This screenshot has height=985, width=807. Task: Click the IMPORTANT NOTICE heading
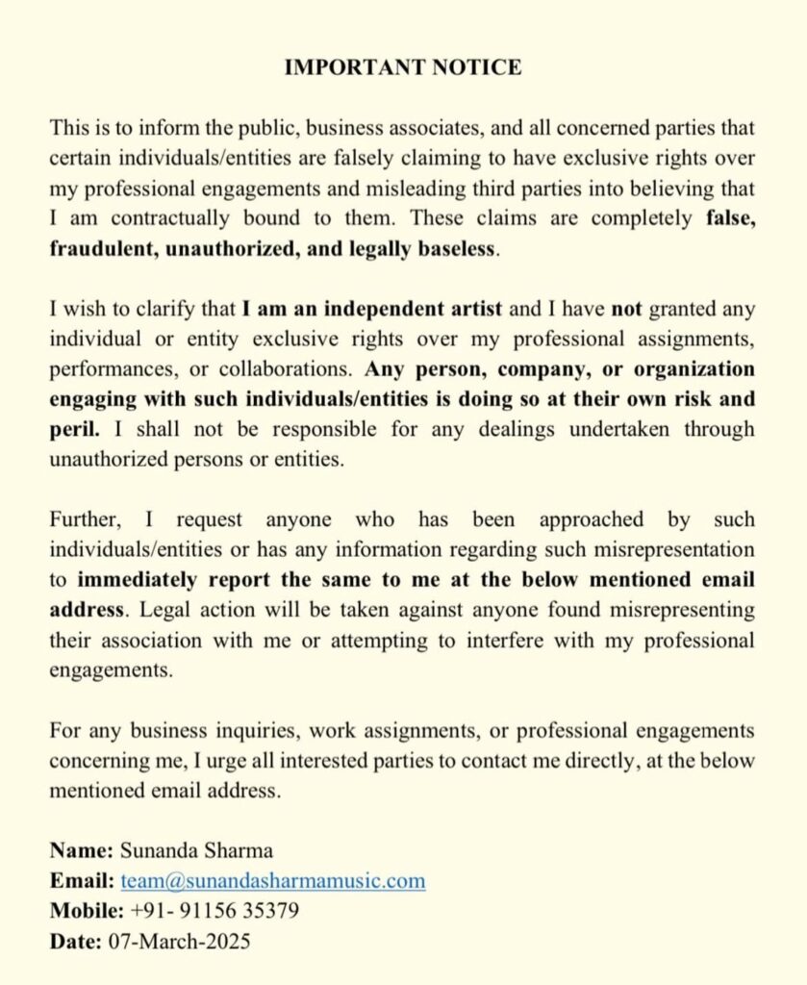(x=403, y=67)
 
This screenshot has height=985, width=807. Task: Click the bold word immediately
(x=138, y=579)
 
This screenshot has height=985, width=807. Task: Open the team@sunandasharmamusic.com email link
(x=273, y=880)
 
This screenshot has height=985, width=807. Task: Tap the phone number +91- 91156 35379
(x=212, y=910)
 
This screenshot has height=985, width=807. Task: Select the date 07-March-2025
(x=178, y=940)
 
